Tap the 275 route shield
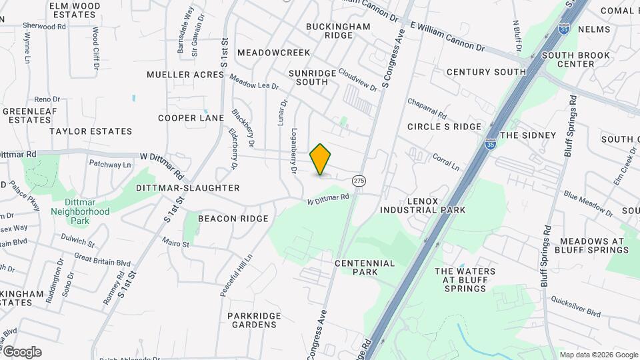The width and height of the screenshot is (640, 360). [x=359, y=181]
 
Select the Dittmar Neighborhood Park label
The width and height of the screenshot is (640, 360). [x=80, y=211]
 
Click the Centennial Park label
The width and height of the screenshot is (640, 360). [x=365, y=267]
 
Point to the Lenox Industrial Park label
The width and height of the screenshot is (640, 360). [x=423, y=205]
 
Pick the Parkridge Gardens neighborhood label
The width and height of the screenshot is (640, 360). [x=252, y=320]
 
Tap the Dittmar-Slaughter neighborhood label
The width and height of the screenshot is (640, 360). [x=187, y=189]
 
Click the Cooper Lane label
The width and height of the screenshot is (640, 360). [x=191, y=118]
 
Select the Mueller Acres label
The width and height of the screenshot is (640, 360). [x=185, y=75]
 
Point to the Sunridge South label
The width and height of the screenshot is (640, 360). [x=308, y=77]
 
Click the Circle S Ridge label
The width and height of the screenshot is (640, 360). [x=444, y=127]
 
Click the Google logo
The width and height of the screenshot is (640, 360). [x=21, y=352]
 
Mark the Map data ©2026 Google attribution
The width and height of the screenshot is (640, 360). [x=599, y=355]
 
